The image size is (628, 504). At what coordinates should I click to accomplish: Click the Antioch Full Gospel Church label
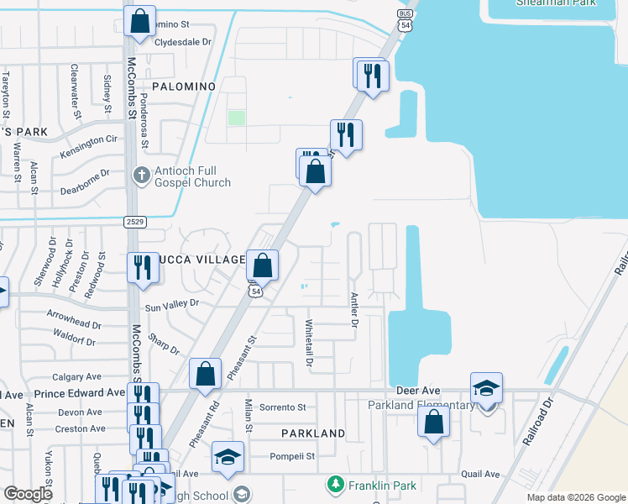[x=192, y=176]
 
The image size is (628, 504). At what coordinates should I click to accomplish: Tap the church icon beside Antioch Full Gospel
[x=141, y=176]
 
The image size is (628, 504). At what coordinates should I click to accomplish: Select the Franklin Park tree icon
[x=335, y=485]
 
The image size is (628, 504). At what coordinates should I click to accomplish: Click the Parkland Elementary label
[x=421, y=406]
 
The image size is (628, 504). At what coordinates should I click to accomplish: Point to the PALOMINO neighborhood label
[x=184, y=87]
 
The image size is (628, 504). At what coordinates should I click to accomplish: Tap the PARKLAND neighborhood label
[x=313, y=433]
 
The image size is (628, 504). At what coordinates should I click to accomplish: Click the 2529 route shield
[x=136, y=222]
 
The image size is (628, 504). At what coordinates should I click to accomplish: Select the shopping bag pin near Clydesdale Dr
[x=140, y=19]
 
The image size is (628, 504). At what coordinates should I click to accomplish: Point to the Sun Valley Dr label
[x=172, y=303]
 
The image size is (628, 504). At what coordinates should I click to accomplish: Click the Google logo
[x=29, y=494]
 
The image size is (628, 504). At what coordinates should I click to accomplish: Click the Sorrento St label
[x=282, y=407]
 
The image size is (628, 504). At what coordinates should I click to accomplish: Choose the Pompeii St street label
[x=291, y=457]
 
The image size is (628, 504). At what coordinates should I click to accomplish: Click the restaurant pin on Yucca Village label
[x=140, y=266]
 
